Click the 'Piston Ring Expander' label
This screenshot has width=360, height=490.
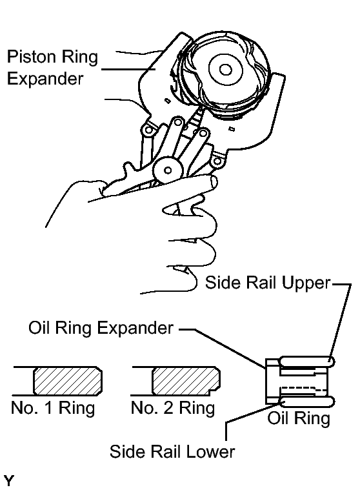[52, 67]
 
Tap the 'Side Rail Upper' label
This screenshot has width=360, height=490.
[268, 283]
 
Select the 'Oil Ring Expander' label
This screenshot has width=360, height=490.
[101, 328]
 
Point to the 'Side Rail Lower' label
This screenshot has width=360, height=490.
[172, 451]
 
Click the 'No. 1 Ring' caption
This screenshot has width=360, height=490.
[53, 408]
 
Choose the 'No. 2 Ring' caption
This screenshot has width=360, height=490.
[173, 408]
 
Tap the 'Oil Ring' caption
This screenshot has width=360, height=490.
[299, 418]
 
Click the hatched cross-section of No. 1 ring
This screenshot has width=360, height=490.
[68, 380]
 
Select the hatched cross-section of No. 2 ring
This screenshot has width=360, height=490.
[186, 380]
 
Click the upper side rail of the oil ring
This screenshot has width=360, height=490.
[306, 362]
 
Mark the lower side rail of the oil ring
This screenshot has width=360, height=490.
[306, 402]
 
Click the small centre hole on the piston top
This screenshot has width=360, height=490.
[225, 69]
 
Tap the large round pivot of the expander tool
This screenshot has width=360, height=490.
[168, 170]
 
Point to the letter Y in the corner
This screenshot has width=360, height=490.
[8, 481]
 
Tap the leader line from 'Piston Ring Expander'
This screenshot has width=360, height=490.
[128, 69]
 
